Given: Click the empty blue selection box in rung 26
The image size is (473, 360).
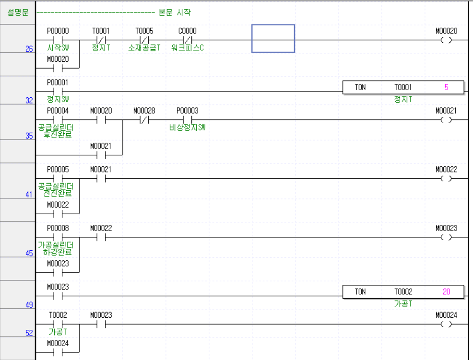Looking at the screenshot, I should click(273, 39).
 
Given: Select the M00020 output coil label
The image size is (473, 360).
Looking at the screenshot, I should click(446, 31).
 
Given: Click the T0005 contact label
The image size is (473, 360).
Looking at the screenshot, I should click(144, 31).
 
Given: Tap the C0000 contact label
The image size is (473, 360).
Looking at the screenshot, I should click(187, 31).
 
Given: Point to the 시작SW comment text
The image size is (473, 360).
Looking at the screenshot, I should click(58, 48).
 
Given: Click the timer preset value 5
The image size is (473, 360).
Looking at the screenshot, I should click(446, 87).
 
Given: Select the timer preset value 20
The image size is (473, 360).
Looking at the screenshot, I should click(446, 291).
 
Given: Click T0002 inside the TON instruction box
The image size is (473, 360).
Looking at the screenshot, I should click(403, 291).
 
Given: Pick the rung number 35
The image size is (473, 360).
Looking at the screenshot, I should click(29, 136).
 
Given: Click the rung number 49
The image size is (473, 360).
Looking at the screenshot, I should click(29, 304).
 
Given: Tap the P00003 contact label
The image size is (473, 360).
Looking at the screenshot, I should click(187, 111).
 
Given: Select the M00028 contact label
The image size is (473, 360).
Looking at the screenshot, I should click(144, 111).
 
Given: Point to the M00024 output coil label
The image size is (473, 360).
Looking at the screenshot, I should click(446, 315).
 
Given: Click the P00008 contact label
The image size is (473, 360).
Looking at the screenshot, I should click(58, 228).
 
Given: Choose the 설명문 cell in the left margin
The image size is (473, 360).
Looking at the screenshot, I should click(18, 12).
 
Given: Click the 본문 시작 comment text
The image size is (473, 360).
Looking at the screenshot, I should click(175, 12).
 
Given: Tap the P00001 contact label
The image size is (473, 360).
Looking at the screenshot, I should click(58, 82).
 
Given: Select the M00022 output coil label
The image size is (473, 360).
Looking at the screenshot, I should click(446, 169).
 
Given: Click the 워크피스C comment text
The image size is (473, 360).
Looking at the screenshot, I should click(188, 48).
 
